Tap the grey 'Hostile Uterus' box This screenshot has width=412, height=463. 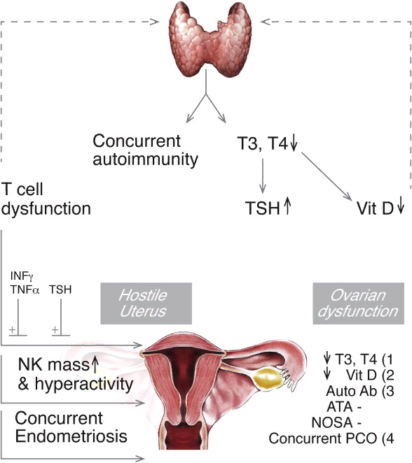point(146,304)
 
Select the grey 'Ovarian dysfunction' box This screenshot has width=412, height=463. point(359,304)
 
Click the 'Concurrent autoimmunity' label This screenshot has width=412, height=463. point(145,150)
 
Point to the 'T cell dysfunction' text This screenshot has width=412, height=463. point(46,199)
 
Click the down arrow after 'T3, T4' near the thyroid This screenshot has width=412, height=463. point(294,143)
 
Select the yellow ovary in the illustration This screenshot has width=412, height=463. point(268,378)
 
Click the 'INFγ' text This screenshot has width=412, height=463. point(22,276)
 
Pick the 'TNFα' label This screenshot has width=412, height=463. point(25,290)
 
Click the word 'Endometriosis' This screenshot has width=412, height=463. point(71,436)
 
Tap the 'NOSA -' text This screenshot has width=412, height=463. point(336,423)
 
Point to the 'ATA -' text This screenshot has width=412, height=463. point(344,407)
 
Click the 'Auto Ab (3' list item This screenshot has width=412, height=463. point(360,391)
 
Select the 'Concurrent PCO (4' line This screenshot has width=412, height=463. point(331,439)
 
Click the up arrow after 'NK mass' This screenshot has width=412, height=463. point(95,364)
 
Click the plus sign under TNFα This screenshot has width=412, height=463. point(12,329)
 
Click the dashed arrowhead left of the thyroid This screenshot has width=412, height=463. point(155,22)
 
